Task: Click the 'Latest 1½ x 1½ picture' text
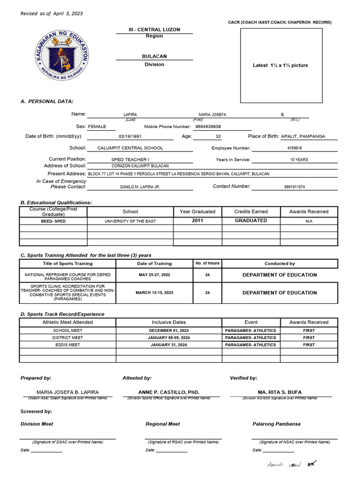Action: (x=280, y=65)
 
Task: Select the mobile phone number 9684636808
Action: (x=208, y=127)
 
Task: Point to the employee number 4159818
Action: (x=294, y=148)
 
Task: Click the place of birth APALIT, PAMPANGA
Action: (x=303, y=137)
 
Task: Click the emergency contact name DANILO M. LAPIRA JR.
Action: (x=140, y=187)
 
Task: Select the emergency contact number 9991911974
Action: (x=294, y=187)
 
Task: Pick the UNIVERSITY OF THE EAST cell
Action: (x=130, y=221)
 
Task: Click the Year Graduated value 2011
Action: (x=197, y=220)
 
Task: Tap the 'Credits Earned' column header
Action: (x=251, y=211)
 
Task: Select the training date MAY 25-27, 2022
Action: (x=154, y=275)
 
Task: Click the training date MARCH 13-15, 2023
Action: (x=154, y=292)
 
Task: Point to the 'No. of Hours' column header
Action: (x=207, y=263)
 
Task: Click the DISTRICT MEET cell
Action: (x=67, y=337)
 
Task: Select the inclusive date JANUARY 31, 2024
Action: (x=169, y=345)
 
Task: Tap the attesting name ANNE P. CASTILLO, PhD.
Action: (x=169, y=392)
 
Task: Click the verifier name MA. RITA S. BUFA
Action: (x=280, y=392)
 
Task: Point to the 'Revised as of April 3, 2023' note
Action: (x=52, y=14)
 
